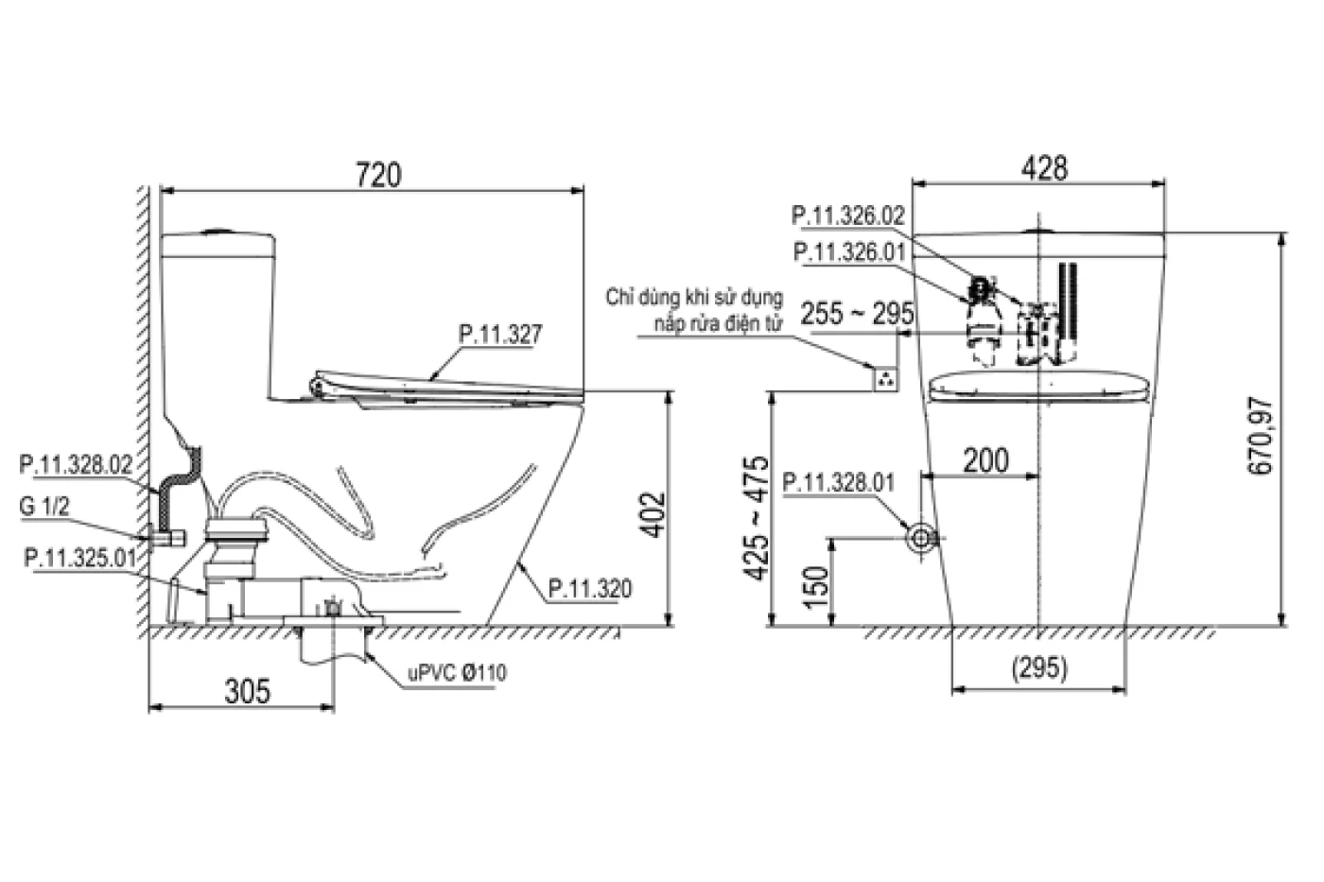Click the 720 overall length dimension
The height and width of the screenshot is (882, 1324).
tap(378, 174)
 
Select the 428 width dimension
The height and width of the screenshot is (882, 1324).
tap(1044, 168)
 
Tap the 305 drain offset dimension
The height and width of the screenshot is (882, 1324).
tap(248, 691)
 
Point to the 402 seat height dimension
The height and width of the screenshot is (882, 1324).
tap(653, 514)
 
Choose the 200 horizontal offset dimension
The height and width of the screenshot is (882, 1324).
tap(986, 460)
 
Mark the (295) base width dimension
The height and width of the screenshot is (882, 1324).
tap(1039, 668)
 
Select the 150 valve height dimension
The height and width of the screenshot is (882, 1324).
tap(816, 587)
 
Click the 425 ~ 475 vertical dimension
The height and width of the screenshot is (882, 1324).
tap(758, 518)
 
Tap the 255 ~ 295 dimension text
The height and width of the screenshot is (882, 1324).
tap(857, 313)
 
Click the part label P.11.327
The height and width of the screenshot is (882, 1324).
tap(500, 335)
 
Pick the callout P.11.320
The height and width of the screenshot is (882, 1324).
tap(590, 588)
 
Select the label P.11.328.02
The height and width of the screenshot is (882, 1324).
tap(77, 464)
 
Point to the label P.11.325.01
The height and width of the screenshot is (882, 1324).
tap(80, 558)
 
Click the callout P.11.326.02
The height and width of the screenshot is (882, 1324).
tap(848, 216)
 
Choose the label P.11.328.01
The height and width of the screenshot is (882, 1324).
tap(839, 483)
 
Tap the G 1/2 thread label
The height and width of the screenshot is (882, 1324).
tap(44, 507)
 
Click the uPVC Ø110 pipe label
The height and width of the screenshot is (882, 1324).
tap(458, 673)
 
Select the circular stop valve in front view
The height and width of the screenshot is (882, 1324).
tap(921, 538)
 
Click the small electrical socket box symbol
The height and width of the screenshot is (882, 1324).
tap(885, 379)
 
